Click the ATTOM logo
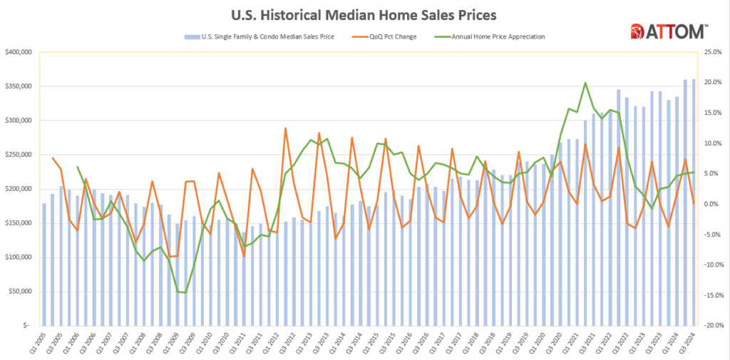(669, 31)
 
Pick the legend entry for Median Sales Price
(264, 36)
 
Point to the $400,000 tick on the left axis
(17, 52)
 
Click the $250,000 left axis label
(17, 155)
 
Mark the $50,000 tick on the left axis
(19, 292)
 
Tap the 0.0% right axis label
(712, 204)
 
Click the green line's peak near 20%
(585, 83)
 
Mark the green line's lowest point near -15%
(186, 293)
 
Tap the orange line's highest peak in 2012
(285, 128)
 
